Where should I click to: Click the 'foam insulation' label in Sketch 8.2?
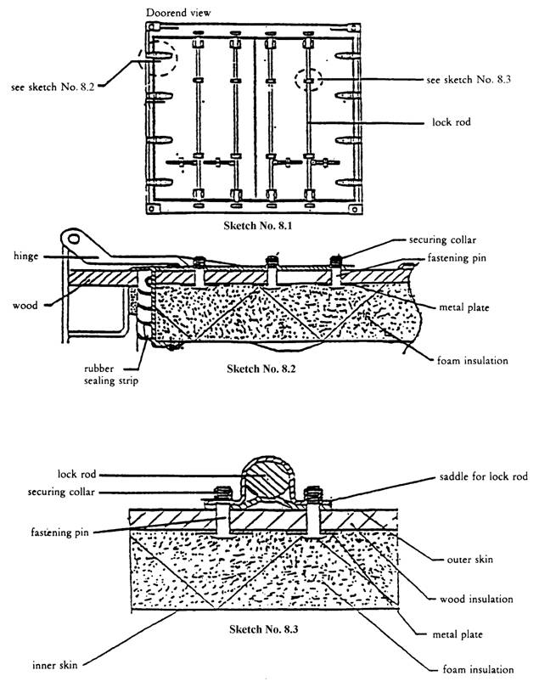tap(466, 361)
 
